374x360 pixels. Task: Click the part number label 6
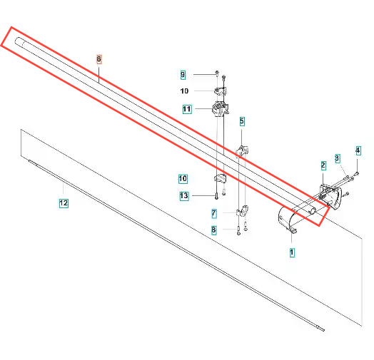pyautogui.click(x=99, y=59)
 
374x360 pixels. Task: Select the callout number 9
pyautogui.click(x=183, y=75)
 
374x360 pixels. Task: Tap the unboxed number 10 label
pyautogui.click(x=184, y=91)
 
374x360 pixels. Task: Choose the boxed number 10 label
pyautogui.click(x=183, y=179)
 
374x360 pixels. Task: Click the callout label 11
pyautogui.click(x=187, y=109)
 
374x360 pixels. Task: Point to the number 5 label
pyautogui.click(x=242, y=121)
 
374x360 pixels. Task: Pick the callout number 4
pyautogui.click(x=358, y=150)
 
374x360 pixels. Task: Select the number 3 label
pyautogui.click(x=337, y=158)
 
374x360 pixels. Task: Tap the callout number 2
pyautogui.click(x=323, y=165)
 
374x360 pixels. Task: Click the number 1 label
pyautogui.click(x=292, y=252)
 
